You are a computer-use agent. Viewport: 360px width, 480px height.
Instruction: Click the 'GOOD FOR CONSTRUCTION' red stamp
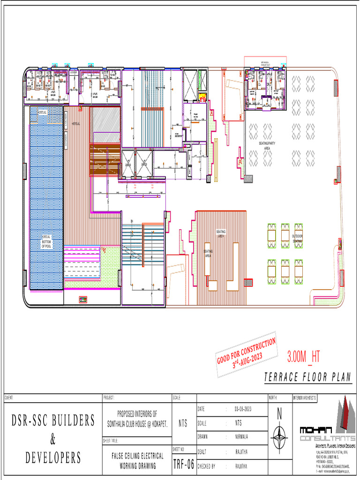point(246,357)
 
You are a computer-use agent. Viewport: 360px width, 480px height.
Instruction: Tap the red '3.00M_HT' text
point(303,357)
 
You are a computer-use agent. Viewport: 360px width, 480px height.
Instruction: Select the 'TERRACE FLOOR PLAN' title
point(307,377)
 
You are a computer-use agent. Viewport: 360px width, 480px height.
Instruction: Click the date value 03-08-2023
point(243,409)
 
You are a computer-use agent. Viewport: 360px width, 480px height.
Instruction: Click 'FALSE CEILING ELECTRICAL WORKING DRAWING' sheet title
point(137,459)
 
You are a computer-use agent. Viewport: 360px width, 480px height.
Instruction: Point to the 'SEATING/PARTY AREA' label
point(267,146)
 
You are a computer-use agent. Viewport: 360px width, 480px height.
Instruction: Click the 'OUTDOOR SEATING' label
point(298,238)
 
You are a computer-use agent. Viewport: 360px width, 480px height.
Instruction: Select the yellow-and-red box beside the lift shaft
point(202,97)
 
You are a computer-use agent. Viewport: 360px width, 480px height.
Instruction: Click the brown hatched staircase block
point(105,160)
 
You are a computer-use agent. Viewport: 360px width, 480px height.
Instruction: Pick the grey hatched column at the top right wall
point(336,88)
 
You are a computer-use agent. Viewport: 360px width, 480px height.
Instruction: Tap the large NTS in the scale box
point(183,423)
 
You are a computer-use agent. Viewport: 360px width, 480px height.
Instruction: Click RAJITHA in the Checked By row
point(242,466)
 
